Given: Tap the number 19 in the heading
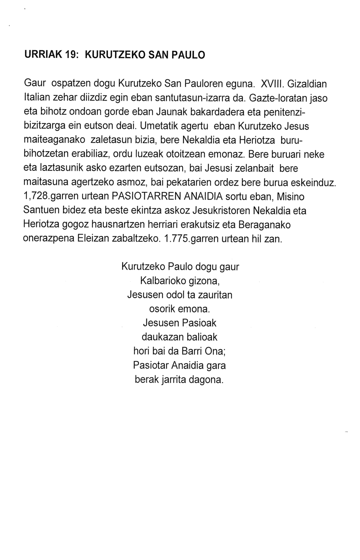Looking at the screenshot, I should [71, 55].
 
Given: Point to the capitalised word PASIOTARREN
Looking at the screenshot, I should [142, 196].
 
